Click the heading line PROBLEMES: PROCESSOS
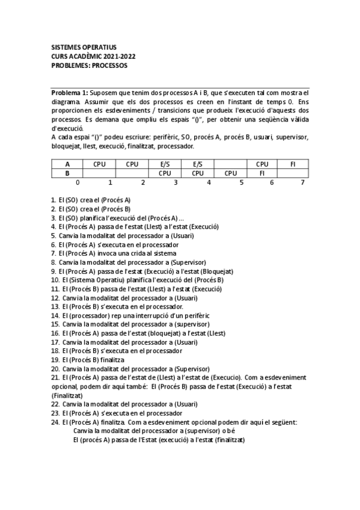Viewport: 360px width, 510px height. click(89, 65)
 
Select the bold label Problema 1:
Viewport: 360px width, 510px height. click(69, 93)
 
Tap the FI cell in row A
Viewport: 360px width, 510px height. click(293, 164)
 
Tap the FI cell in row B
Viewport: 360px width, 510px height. click(263, 173)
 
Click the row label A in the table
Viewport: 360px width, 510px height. click(67, 164)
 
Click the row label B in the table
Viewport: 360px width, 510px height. click(67, 173)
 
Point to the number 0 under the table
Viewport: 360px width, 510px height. click(77, 182)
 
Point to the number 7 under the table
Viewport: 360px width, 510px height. click(302, 182)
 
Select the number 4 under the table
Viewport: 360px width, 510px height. click(209, 182)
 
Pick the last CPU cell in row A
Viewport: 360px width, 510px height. click(262, 164)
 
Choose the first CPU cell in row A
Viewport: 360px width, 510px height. click(99, 164)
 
